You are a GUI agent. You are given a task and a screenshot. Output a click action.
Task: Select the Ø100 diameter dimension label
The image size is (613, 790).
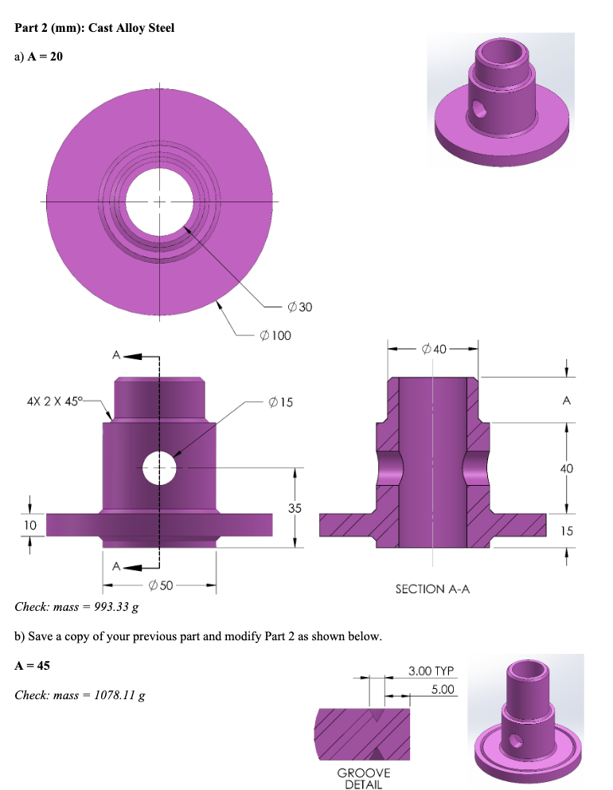tap(275, 335)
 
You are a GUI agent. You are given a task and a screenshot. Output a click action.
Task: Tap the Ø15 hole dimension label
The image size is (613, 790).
tap(281, 402)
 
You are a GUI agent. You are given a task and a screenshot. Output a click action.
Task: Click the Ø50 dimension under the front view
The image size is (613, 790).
tap(160, 587)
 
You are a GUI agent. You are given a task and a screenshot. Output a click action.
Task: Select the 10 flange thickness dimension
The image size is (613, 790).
tap(29, 525)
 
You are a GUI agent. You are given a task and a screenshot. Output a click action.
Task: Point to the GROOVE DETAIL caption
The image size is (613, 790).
tap(364, 778)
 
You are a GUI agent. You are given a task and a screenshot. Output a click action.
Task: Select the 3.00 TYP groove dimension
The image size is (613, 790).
tap(431, 671)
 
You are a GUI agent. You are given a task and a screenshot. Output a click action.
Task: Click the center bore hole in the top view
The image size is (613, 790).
tap(159, 200)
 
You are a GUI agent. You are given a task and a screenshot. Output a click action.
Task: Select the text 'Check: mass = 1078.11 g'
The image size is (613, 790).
tap(80, 695)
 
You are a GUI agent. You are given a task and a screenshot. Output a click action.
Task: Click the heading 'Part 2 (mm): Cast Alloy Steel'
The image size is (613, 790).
tap(95, 29)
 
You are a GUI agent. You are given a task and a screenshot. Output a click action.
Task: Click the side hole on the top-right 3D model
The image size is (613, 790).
tap(478, 108)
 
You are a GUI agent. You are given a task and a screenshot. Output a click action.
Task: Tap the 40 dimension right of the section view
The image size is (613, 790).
tap(566, 469)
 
